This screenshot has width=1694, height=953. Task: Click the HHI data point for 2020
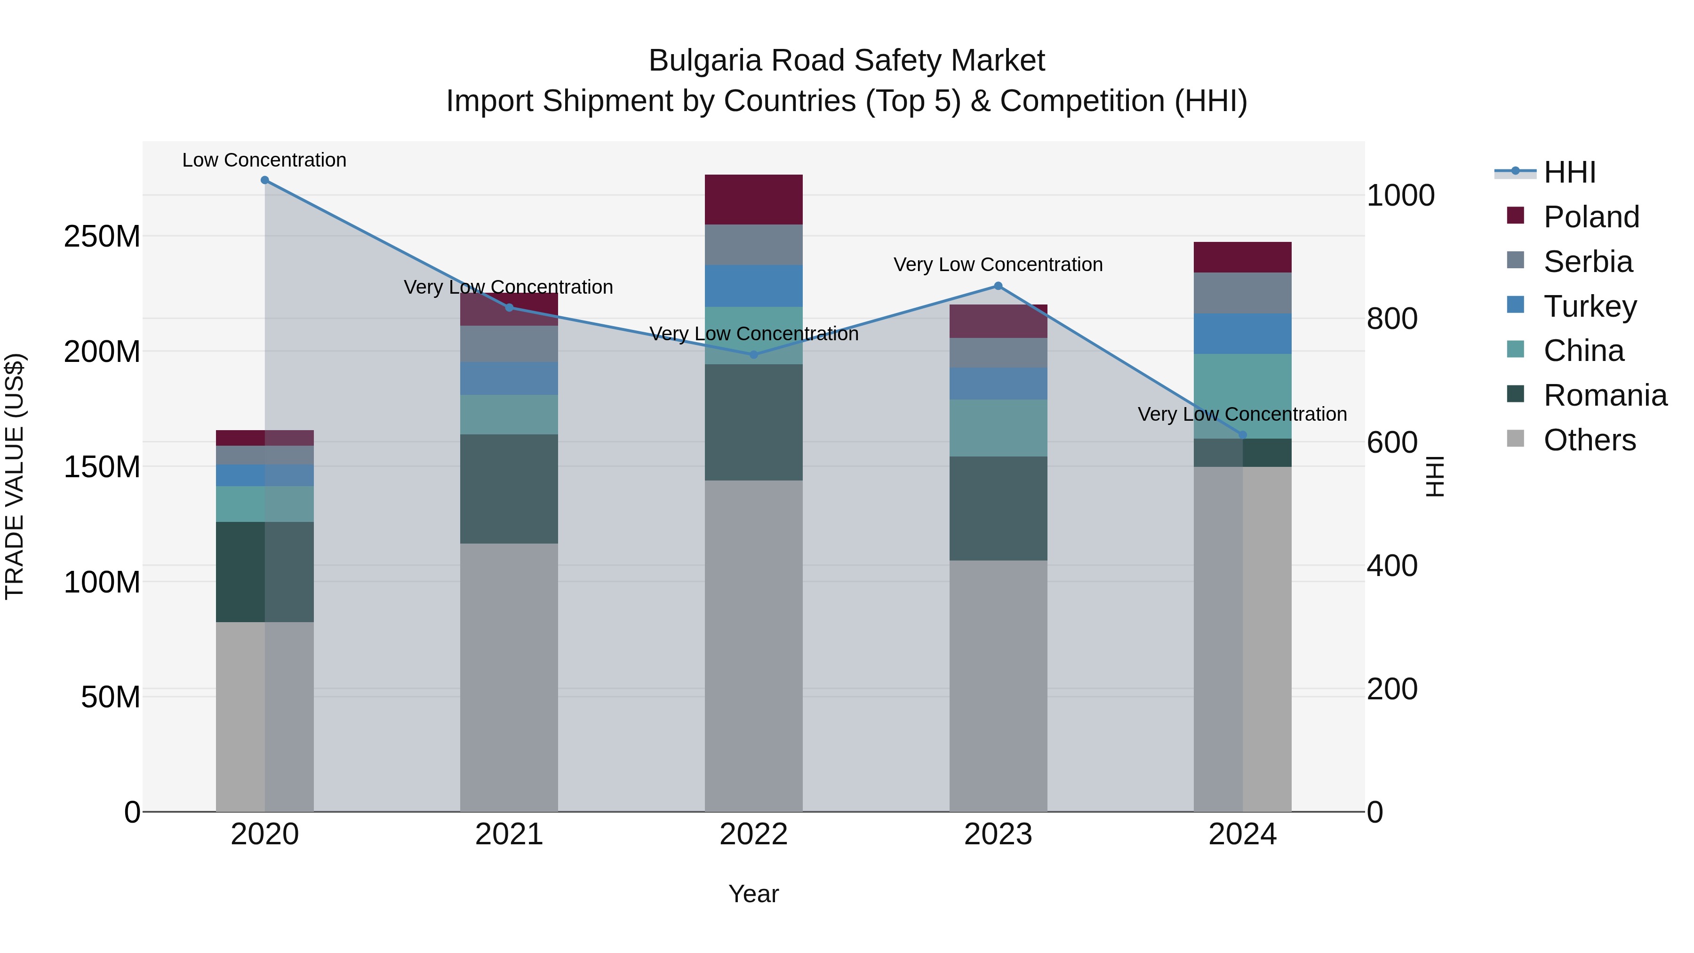[x=264, y=180]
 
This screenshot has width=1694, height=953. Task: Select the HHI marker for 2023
[x=998, y=286]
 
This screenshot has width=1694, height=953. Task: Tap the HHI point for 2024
[x=1242, y=435]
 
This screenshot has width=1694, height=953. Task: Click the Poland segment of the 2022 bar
[x=754, y=200]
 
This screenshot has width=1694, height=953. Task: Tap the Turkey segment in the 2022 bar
[x=754, y=286]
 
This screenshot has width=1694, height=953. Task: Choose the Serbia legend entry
[x=1588, y=262]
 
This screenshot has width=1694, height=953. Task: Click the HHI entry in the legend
[x=1569, y=172]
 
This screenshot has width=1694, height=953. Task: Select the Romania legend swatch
[x=1516, y=395]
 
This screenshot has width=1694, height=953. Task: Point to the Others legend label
[x=1590, y=440]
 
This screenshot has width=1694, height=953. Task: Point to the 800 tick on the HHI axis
[x=1391, y=319]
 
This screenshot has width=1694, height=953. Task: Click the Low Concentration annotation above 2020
[x=264, y=160]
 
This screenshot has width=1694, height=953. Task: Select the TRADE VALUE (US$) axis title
[x=15, y=476]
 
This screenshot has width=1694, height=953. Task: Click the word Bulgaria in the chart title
[x=706, y=61]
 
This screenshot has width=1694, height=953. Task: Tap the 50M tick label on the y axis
[x=111, y=697]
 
